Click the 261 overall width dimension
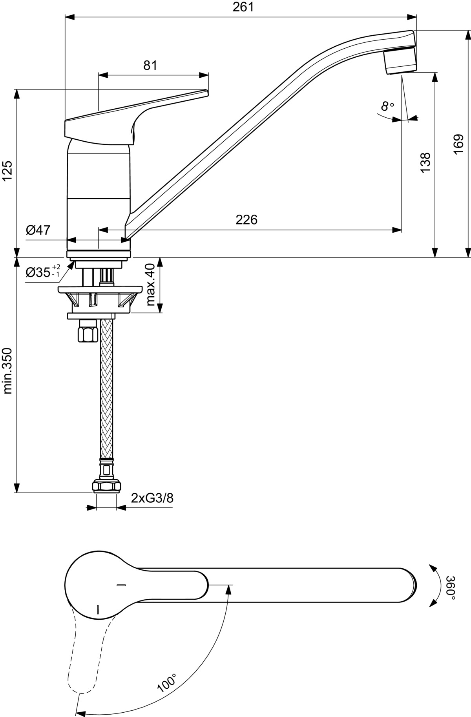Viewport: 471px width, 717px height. (243, 7)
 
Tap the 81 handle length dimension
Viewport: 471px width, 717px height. (150, 65)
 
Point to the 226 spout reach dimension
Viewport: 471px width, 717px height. (246, 219)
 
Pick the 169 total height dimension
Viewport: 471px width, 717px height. (458, 145)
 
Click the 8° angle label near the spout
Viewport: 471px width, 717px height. (387, 106)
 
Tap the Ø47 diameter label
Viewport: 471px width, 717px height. (38, 230)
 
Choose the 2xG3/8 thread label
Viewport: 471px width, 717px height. (152, 498)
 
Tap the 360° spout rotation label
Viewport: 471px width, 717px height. (451, 587)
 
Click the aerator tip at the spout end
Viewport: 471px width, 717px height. (400, 60)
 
